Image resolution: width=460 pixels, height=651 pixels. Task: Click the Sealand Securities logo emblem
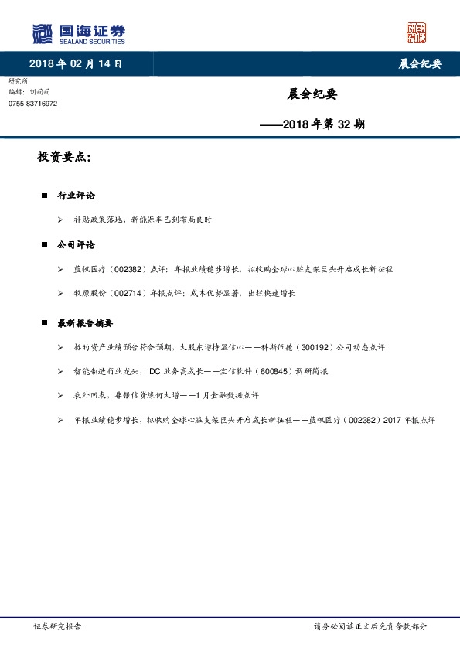point(42,34)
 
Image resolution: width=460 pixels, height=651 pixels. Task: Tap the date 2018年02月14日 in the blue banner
point(76,64)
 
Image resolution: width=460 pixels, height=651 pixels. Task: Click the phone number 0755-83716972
point(32,104)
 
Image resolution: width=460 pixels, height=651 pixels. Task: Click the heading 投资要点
point(64,157)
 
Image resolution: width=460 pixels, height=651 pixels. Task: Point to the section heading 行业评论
point(76,195)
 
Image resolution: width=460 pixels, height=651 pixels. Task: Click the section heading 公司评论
point(76,244)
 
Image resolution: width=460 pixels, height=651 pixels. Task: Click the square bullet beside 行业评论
point(45,196)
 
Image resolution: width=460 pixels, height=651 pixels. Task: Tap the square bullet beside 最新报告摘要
point(45,323)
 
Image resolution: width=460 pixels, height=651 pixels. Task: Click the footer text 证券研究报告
point(57,627)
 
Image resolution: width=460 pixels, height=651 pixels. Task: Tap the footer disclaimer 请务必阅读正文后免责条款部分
point(370,627)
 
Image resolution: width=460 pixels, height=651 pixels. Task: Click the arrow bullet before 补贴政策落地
point(60,220)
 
